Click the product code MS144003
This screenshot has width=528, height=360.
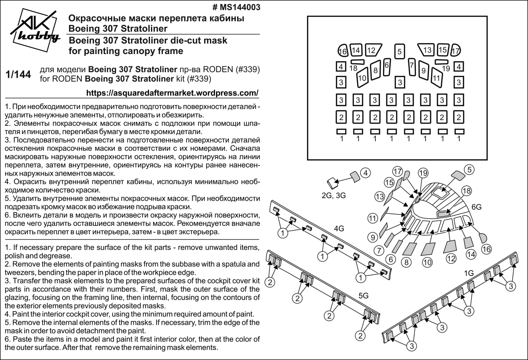point(236,7)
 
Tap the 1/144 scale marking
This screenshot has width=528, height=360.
point(18,75)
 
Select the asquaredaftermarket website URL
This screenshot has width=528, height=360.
point(172,93)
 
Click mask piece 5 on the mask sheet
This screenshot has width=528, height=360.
point(399,52)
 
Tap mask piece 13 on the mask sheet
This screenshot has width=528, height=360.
point(427,50)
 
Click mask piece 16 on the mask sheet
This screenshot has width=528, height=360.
point(342,51)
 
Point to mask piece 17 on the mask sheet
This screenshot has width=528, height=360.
point(456,51)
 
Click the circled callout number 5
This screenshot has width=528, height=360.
point(469,169)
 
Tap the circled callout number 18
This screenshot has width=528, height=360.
point(466,191)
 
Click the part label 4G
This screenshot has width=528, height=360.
point(338,228)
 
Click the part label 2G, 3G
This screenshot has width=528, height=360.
point(334,196)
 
